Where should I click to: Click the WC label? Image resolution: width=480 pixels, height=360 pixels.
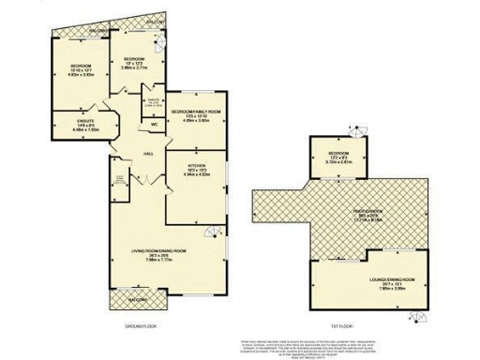coord(152,123)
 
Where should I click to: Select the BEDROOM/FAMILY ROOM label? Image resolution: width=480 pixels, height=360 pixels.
coord(195,111)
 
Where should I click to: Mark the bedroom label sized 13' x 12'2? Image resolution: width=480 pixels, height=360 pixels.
coord(134,57)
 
